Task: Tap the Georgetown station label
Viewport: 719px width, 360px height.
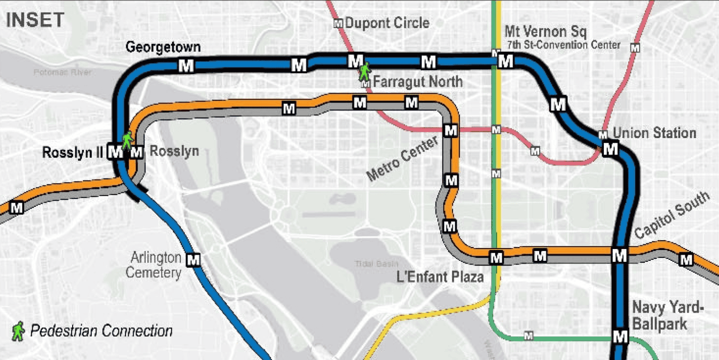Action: (x=163, y=48)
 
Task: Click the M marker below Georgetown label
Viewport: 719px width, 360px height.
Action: (x=186, y=66)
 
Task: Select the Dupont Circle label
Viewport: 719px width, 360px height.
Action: (x=387, y=22)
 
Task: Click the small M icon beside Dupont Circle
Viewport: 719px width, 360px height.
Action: (x=338, y=23)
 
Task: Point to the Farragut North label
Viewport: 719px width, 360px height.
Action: (x=418, y=82)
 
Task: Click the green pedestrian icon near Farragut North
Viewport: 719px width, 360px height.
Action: (x=364, y=72)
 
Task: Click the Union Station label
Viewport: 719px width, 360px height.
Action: (x=654, y=133)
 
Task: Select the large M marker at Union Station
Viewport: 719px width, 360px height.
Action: (x=610, y=149)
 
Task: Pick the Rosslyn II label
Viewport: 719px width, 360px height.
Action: (x=72, y=153)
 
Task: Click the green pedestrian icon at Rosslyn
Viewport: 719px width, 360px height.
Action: (x=127, y=139)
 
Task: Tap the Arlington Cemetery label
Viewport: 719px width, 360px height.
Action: (x=155, y=264)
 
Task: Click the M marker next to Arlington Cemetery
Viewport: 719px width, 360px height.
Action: (x=193, y=259)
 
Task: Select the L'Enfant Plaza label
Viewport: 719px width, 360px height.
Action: (x=440, y=277)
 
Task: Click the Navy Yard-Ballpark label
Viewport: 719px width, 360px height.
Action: (x=668, y=316)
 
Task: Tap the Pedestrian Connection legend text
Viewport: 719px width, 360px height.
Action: (x=101, y=331)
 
